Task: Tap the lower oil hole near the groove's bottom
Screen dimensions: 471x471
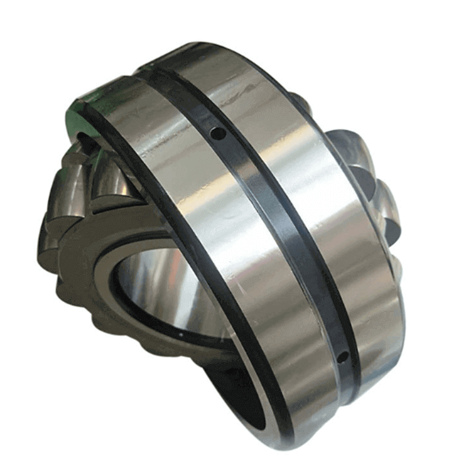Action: [x=342, y=359]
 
